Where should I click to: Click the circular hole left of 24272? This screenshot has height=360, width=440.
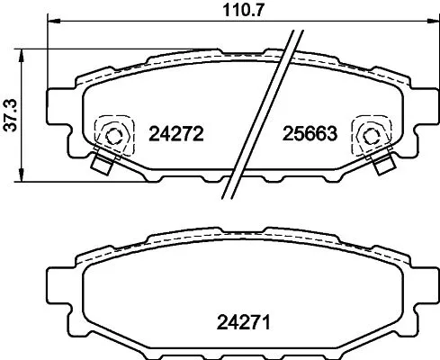pyautogui.click(x=112, y=136)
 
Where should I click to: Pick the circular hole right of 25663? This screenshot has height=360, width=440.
pyautogui.click(x=369, y=136)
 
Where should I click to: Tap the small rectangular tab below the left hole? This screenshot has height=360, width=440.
pyautogui.click(x=102, y=165)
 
